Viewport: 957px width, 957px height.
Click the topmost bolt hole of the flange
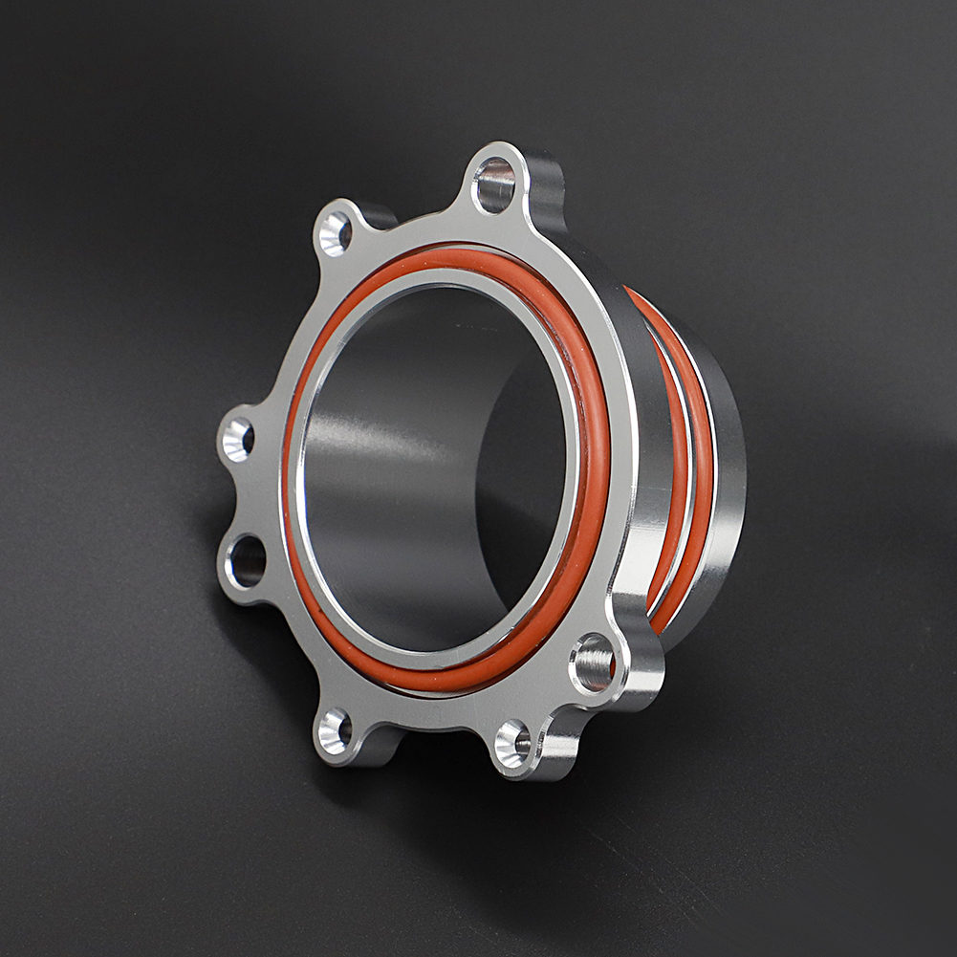click(x=494, y=185)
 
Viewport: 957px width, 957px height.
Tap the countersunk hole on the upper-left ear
click(x=335, y=233)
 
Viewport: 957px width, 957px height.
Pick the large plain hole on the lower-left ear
click(x=247, y=561)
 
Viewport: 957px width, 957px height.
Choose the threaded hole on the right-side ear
click(x=593, y=663)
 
